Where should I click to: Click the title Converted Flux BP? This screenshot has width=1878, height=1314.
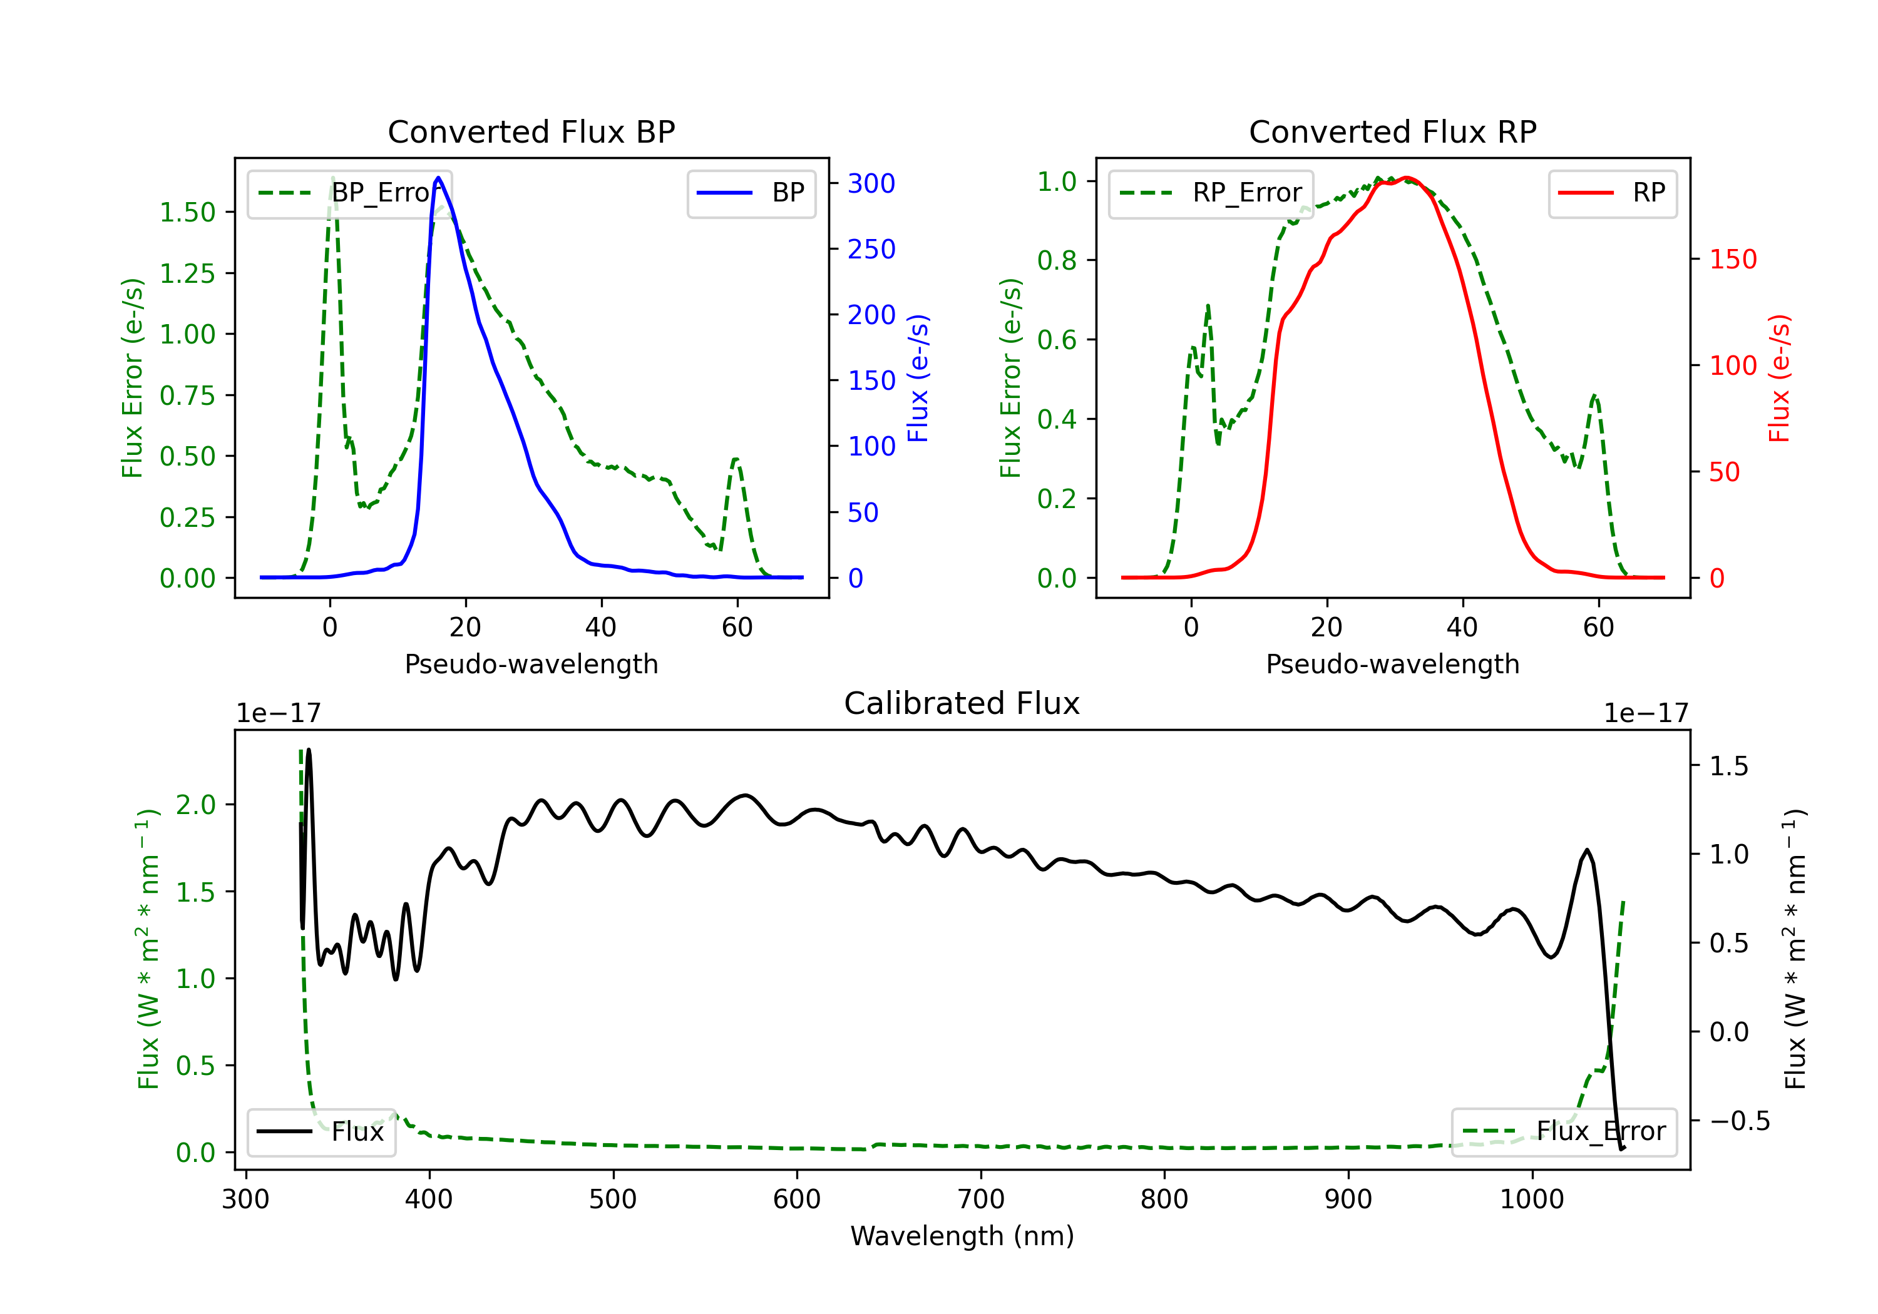click(x=531, y=131)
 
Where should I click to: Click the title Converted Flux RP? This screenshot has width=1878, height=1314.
click(x=1392, y=131)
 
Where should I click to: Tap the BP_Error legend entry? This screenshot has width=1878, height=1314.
click(x=349, y=193)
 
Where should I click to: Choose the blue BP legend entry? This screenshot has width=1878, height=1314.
click(x=751, y=193)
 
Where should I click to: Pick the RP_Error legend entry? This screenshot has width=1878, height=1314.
click(x=1211, y=193)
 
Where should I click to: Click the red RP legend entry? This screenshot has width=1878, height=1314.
click(x=1612, y=193)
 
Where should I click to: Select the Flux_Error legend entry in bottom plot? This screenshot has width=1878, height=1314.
click(x=1564, y=1132)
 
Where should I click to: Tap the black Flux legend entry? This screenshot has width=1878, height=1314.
click(x=321, y=1132)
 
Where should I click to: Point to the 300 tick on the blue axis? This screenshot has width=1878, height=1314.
click(x=871, y=183)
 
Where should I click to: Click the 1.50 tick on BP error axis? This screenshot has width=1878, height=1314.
click(x=187, y=213)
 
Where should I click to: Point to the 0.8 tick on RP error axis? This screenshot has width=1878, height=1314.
click(x=1057, y=261)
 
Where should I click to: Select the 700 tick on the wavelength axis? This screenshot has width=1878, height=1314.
click(x=981, y=1199)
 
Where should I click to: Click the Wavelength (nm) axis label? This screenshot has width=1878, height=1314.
click(x=962, y=1236)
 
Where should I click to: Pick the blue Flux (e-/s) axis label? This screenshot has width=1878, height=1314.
click(x=918, y=379)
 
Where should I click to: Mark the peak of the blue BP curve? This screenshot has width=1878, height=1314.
click(x=438, y=178)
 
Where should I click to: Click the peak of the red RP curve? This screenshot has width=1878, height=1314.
click(x=1406, y=178)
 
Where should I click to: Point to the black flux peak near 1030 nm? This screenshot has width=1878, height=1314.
click(x=1588, y=850)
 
